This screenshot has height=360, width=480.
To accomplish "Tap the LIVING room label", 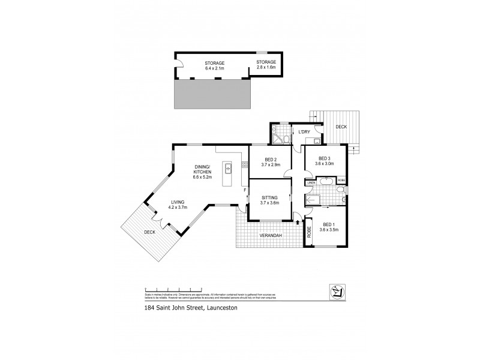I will click(x=176, y=202).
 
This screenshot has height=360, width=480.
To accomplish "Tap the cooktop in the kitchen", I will click(x=244, y=164).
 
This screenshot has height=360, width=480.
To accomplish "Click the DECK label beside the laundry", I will click(x=341, y=127).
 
